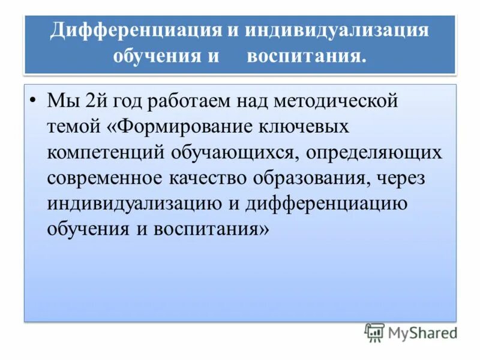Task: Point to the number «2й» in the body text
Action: click(x=98, y=101)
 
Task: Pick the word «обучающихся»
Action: click(x=235, y=152)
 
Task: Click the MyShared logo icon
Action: click(x=375, y=332)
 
